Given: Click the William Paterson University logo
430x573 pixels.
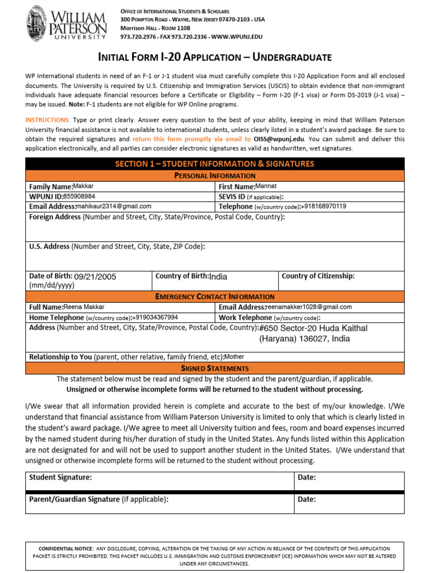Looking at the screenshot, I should (66, 23).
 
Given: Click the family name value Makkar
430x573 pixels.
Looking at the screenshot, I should (85, 186).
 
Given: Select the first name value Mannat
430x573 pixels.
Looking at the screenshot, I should (266, 186).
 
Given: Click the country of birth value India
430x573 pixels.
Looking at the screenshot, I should (218, 276).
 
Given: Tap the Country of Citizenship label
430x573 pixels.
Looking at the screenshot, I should (318, 276).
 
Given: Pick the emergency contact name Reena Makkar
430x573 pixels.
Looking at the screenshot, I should (84, 307).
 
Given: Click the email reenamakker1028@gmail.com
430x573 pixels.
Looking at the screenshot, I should (309, 307).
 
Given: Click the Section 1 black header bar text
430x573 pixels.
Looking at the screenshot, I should (214, 164).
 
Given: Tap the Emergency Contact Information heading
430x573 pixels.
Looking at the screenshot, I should (214, 297).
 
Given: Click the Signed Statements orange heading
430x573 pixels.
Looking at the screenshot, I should (214, 368).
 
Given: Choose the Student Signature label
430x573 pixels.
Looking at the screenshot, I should (60, 477).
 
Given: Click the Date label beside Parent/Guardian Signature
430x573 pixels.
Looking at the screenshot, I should (307, 499).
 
